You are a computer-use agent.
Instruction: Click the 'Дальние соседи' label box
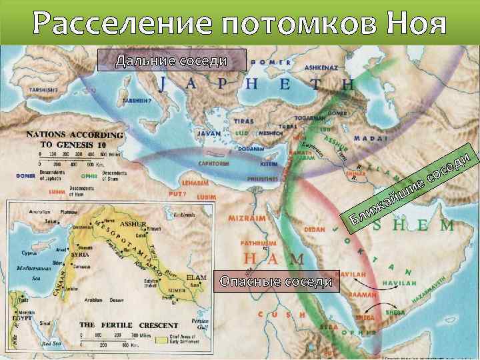pos(171,61)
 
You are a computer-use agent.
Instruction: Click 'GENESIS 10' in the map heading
pos(81,144)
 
